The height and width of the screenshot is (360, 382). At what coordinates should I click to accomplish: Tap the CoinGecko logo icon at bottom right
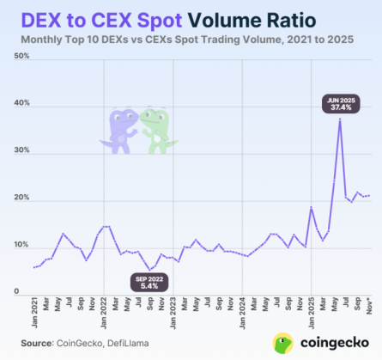(x=283, y=344)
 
